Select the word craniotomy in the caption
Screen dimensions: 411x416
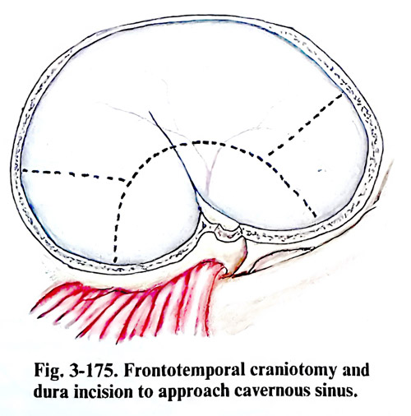293,372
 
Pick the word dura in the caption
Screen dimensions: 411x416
51,391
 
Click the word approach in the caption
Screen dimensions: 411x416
194,393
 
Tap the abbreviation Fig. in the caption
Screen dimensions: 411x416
47,371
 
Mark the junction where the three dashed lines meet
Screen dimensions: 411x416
127,182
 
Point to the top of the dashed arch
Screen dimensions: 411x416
203,141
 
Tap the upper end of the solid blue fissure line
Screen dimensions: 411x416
150,112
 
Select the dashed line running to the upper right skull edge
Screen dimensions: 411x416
305,125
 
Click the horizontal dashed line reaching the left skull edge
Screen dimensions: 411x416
73,174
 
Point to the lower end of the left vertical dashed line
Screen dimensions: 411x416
115,261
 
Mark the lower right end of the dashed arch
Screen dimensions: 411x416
316,216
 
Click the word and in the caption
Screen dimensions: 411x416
355,370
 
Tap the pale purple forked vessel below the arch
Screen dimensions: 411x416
211,167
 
